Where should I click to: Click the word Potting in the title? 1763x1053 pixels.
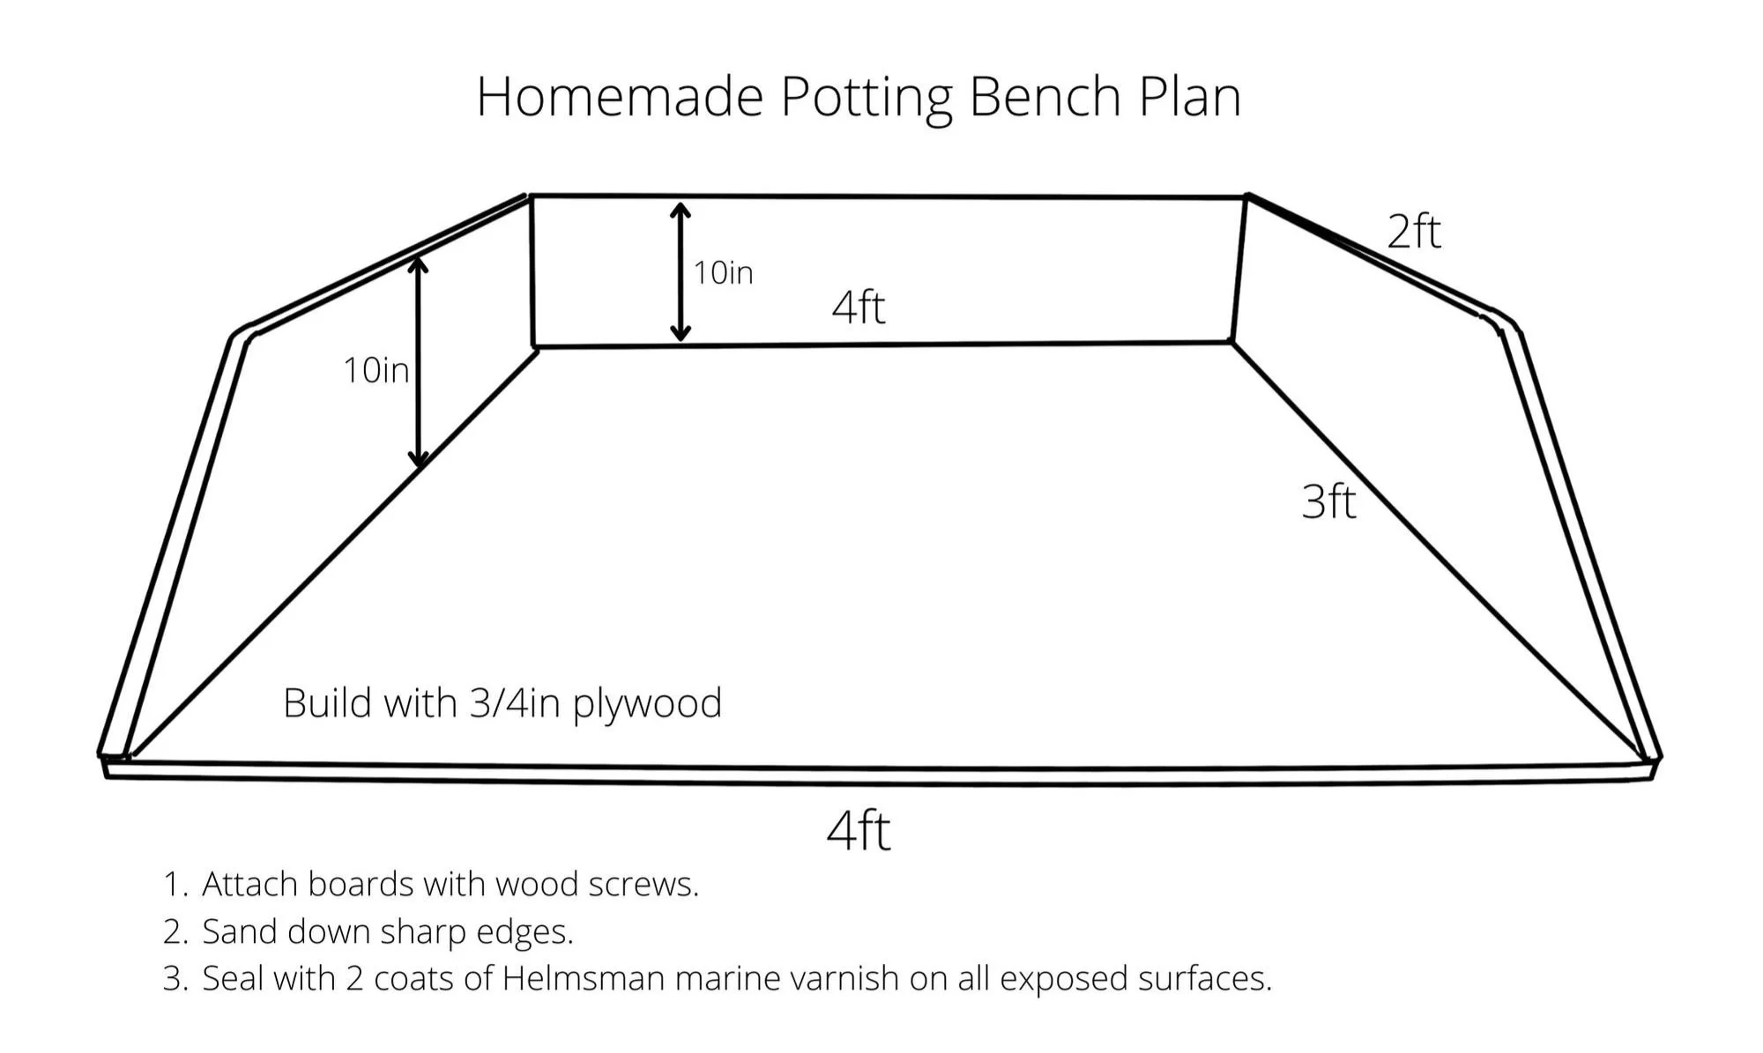[867, 97]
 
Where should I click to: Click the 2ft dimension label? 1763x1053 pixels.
[1414, 232]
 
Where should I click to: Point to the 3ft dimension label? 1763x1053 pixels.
[1328, 501]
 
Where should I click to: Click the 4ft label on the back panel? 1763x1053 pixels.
[859, 307]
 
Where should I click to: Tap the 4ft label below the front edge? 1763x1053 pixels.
[859, 830]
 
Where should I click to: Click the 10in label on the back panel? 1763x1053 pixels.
[723, 273]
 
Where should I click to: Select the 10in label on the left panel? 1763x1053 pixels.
[376, 370]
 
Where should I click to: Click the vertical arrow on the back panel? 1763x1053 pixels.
[680, 271]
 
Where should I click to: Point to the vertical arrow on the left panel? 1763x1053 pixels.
[419, 361]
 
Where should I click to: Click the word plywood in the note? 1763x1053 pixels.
[647, 704]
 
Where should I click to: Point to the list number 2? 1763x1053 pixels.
[174, 931]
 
